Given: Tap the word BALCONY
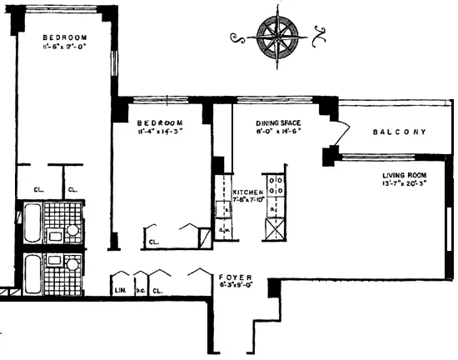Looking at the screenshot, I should tap(400, 132).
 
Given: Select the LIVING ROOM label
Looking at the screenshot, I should tap(404, 175).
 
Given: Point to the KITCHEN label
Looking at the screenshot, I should tap(247, 192).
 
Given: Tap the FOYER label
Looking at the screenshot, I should tap(231, 277).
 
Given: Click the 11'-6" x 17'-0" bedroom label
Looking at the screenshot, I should tap(65, 38).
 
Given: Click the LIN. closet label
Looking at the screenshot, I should tap(118, 292).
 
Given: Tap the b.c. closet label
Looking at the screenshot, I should tap(140, 292).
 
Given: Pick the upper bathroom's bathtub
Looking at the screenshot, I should tap(32, 222).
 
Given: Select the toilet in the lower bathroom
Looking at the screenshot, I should tap(73, 265).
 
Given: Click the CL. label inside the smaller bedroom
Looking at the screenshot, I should tap(153, 243).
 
